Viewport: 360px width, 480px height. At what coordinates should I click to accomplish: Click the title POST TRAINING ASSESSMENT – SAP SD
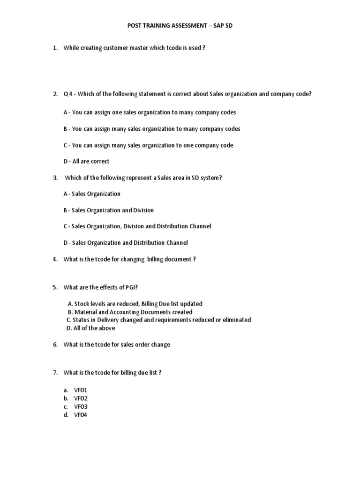180,26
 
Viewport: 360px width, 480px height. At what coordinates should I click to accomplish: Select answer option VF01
81,390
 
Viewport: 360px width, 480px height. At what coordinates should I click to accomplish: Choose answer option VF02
81,398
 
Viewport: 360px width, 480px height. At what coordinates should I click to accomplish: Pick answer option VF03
81,406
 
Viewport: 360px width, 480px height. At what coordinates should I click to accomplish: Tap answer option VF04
81,415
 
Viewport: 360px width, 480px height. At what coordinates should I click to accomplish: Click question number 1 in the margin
55,48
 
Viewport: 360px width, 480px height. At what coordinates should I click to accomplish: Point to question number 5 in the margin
55,287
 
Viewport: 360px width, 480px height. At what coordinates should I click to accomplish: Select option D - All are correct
86,161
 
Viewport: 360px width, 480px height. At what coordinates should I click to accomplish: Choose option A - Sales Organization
92,194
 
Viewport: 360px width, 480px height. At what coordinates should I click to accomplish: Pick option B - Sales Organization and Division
108,210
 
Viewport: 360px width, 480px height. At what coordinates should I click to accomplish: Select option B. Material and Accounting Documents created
130,312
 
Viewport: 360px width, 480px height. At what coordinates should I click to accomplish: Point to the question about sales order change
117,345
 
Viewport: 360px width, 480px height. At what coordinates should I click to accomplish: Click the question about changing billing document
129,259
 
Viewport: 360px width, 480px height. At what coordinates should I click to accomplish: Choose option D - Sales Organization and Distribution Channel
126,242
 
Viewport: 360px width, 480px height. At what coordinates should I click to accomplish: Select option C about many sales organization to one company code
148,145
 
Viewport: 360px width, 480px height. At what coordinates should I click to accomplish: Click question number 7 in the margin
55,373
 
